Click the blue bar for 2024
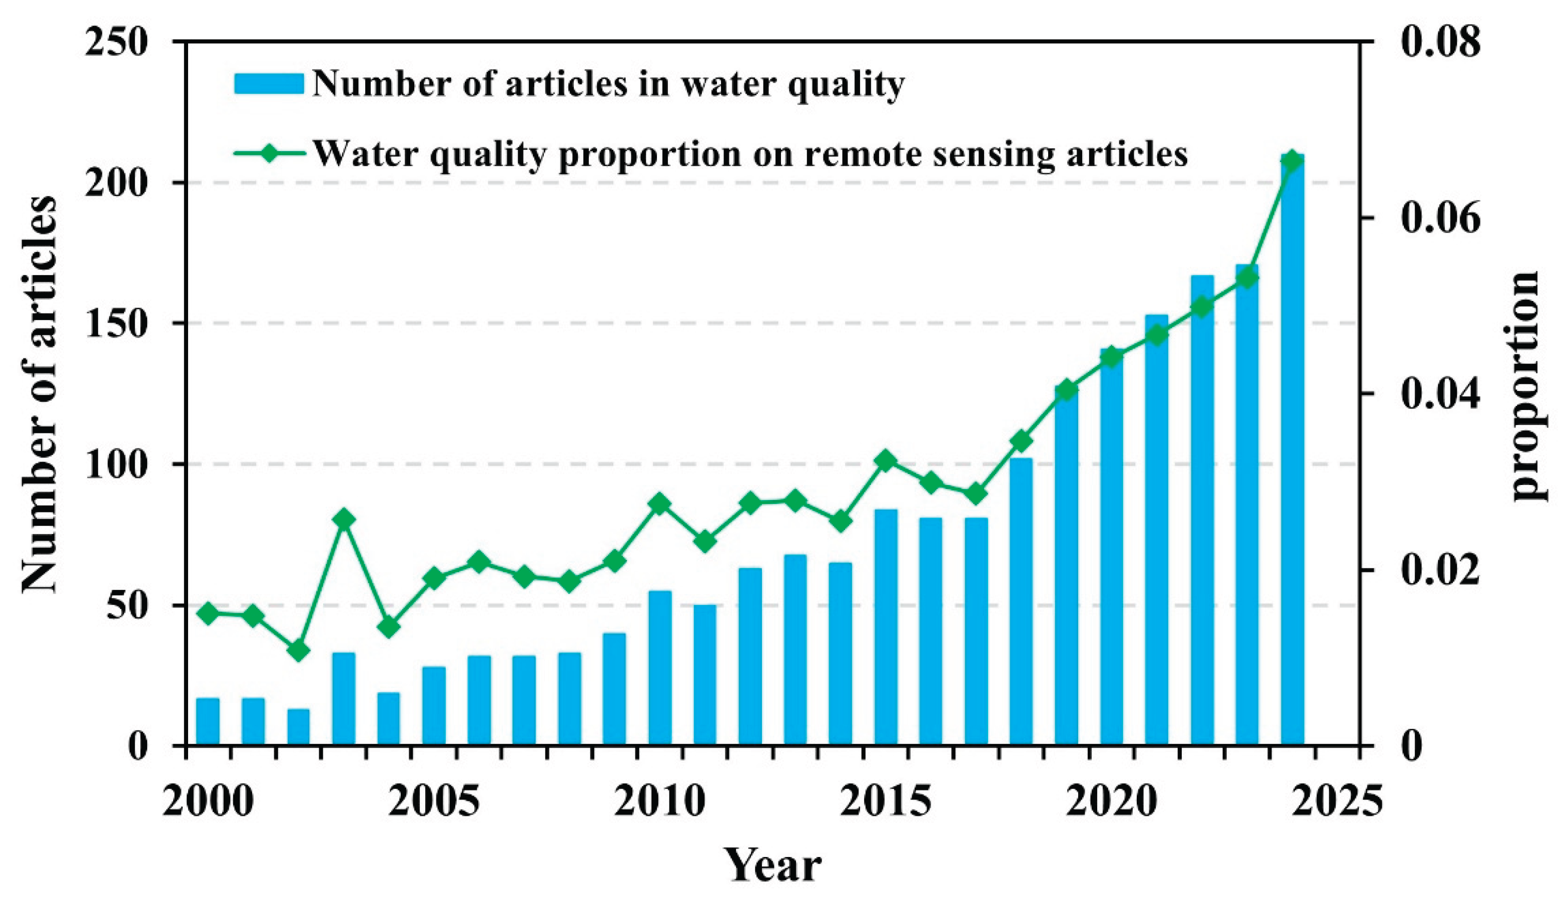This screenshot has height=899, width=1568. [1292, 450]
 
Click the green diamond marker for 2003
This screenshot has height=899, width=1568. [344, 519]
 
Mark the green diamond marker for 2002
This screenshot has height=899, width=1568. [298, 651]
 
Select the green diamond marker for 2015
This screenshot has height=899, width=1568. [886, 460]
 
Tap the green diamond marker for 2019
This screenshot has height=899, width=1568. [1066, 390]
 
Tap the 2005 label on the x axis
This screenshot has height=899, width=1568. [434, 801]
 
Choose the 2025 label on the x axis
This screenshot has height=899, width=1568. [1337, 801]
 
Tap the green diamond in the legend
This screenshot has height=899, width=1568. [269, 152]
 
